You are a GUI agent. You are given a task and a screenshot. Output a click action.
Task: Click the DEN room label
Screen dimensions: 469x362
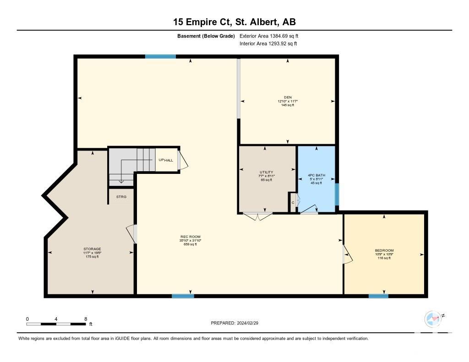tap(288, 97)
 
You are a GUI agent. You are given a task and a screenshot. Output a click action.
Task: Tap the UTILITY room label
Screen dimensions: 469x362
tap(266, 172)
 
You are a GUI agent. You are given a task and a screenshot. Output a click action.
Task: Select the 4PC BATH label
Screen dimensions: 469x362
tap(316, 175)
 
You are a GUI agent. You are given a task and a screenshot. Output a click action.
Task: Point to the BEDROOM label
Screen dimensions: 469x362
tap(384, 250)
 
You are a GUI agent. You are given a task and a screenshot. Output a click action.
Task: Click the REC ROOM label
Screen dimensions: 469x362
tap(190, 237)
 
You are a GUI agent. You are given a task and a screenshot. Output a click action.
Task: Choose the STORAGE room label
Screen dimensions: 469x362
tap(92, 249)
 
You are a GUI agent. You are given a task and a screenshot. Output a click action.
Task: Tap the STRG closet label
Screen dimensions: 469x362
tap(121, 197)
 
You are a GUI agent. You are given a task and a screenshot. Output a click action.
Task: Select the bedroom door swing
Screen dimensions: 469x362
tap(347, 255)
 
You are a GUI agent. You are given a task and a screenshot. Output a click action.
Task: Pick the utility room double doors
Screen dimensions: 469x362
tap(257, 216)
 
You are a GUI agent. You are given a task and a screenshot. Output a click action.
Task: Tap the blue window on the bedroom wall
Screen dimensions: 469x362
tap(378, 296)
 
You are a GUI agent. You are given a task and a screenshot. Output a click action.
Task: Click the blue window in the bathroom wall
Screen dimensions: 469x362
tap(337, 195)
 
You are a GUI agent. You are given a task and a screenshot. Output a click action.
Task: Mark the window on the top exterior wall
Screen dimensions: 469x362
tap(160, 56)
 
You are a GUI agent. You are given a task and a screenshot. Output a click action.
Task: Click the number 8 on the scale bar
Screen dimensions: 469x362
tap(86, 319)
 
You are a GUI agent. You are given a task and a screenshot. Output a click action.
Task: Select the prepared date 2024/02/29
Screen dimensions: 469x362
tap(247, 323)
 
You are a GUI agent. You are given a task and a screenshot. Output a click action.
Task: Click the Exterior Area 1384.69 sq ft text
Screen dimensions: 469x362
tap(269, 36)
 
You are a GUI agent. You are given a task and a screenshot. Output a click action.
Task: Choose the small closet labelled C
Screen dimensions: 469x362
tap(293, 203)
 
